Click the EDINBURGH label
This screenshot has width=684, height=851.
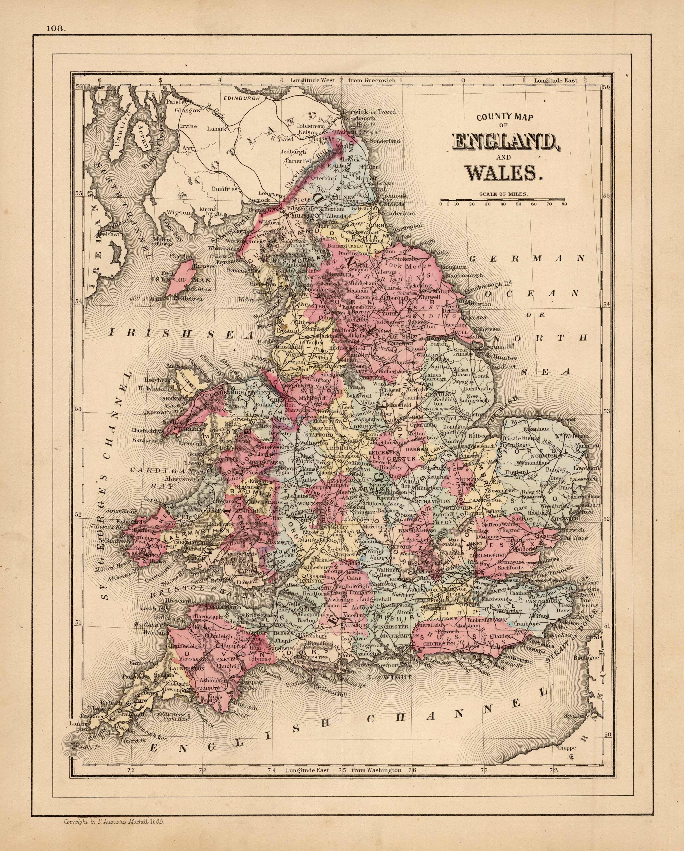coord(241,98)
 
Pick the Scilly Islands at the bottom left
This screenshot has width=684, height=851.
coord(73,745)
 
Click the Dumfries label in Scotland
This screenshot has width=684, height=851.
coord(224,189)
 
